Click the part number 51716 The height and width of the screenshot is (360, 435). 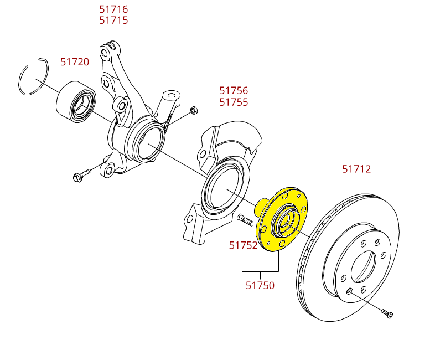point(113,9)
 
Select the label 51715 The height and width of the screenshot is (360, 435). point(113,20)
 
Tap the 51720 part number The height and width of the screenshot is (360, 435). point(74,61)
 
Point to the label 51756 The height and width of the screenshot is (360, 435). point(234,90)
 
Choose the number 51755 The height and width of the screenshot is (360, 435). point(234,102)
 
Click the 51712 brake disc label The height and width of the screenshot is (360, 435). point(356,169)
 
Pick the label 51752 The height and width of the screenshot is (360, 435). point(244,245)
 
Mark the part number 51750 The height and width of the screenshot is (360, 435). point(260,286)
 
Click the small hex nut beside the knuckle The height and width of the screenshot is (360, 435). point(193,110)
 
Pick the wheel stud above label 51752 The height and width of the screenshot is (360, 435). point(245,220)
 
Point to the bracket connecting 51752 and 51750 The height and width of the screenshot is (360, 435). point(260,272)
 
